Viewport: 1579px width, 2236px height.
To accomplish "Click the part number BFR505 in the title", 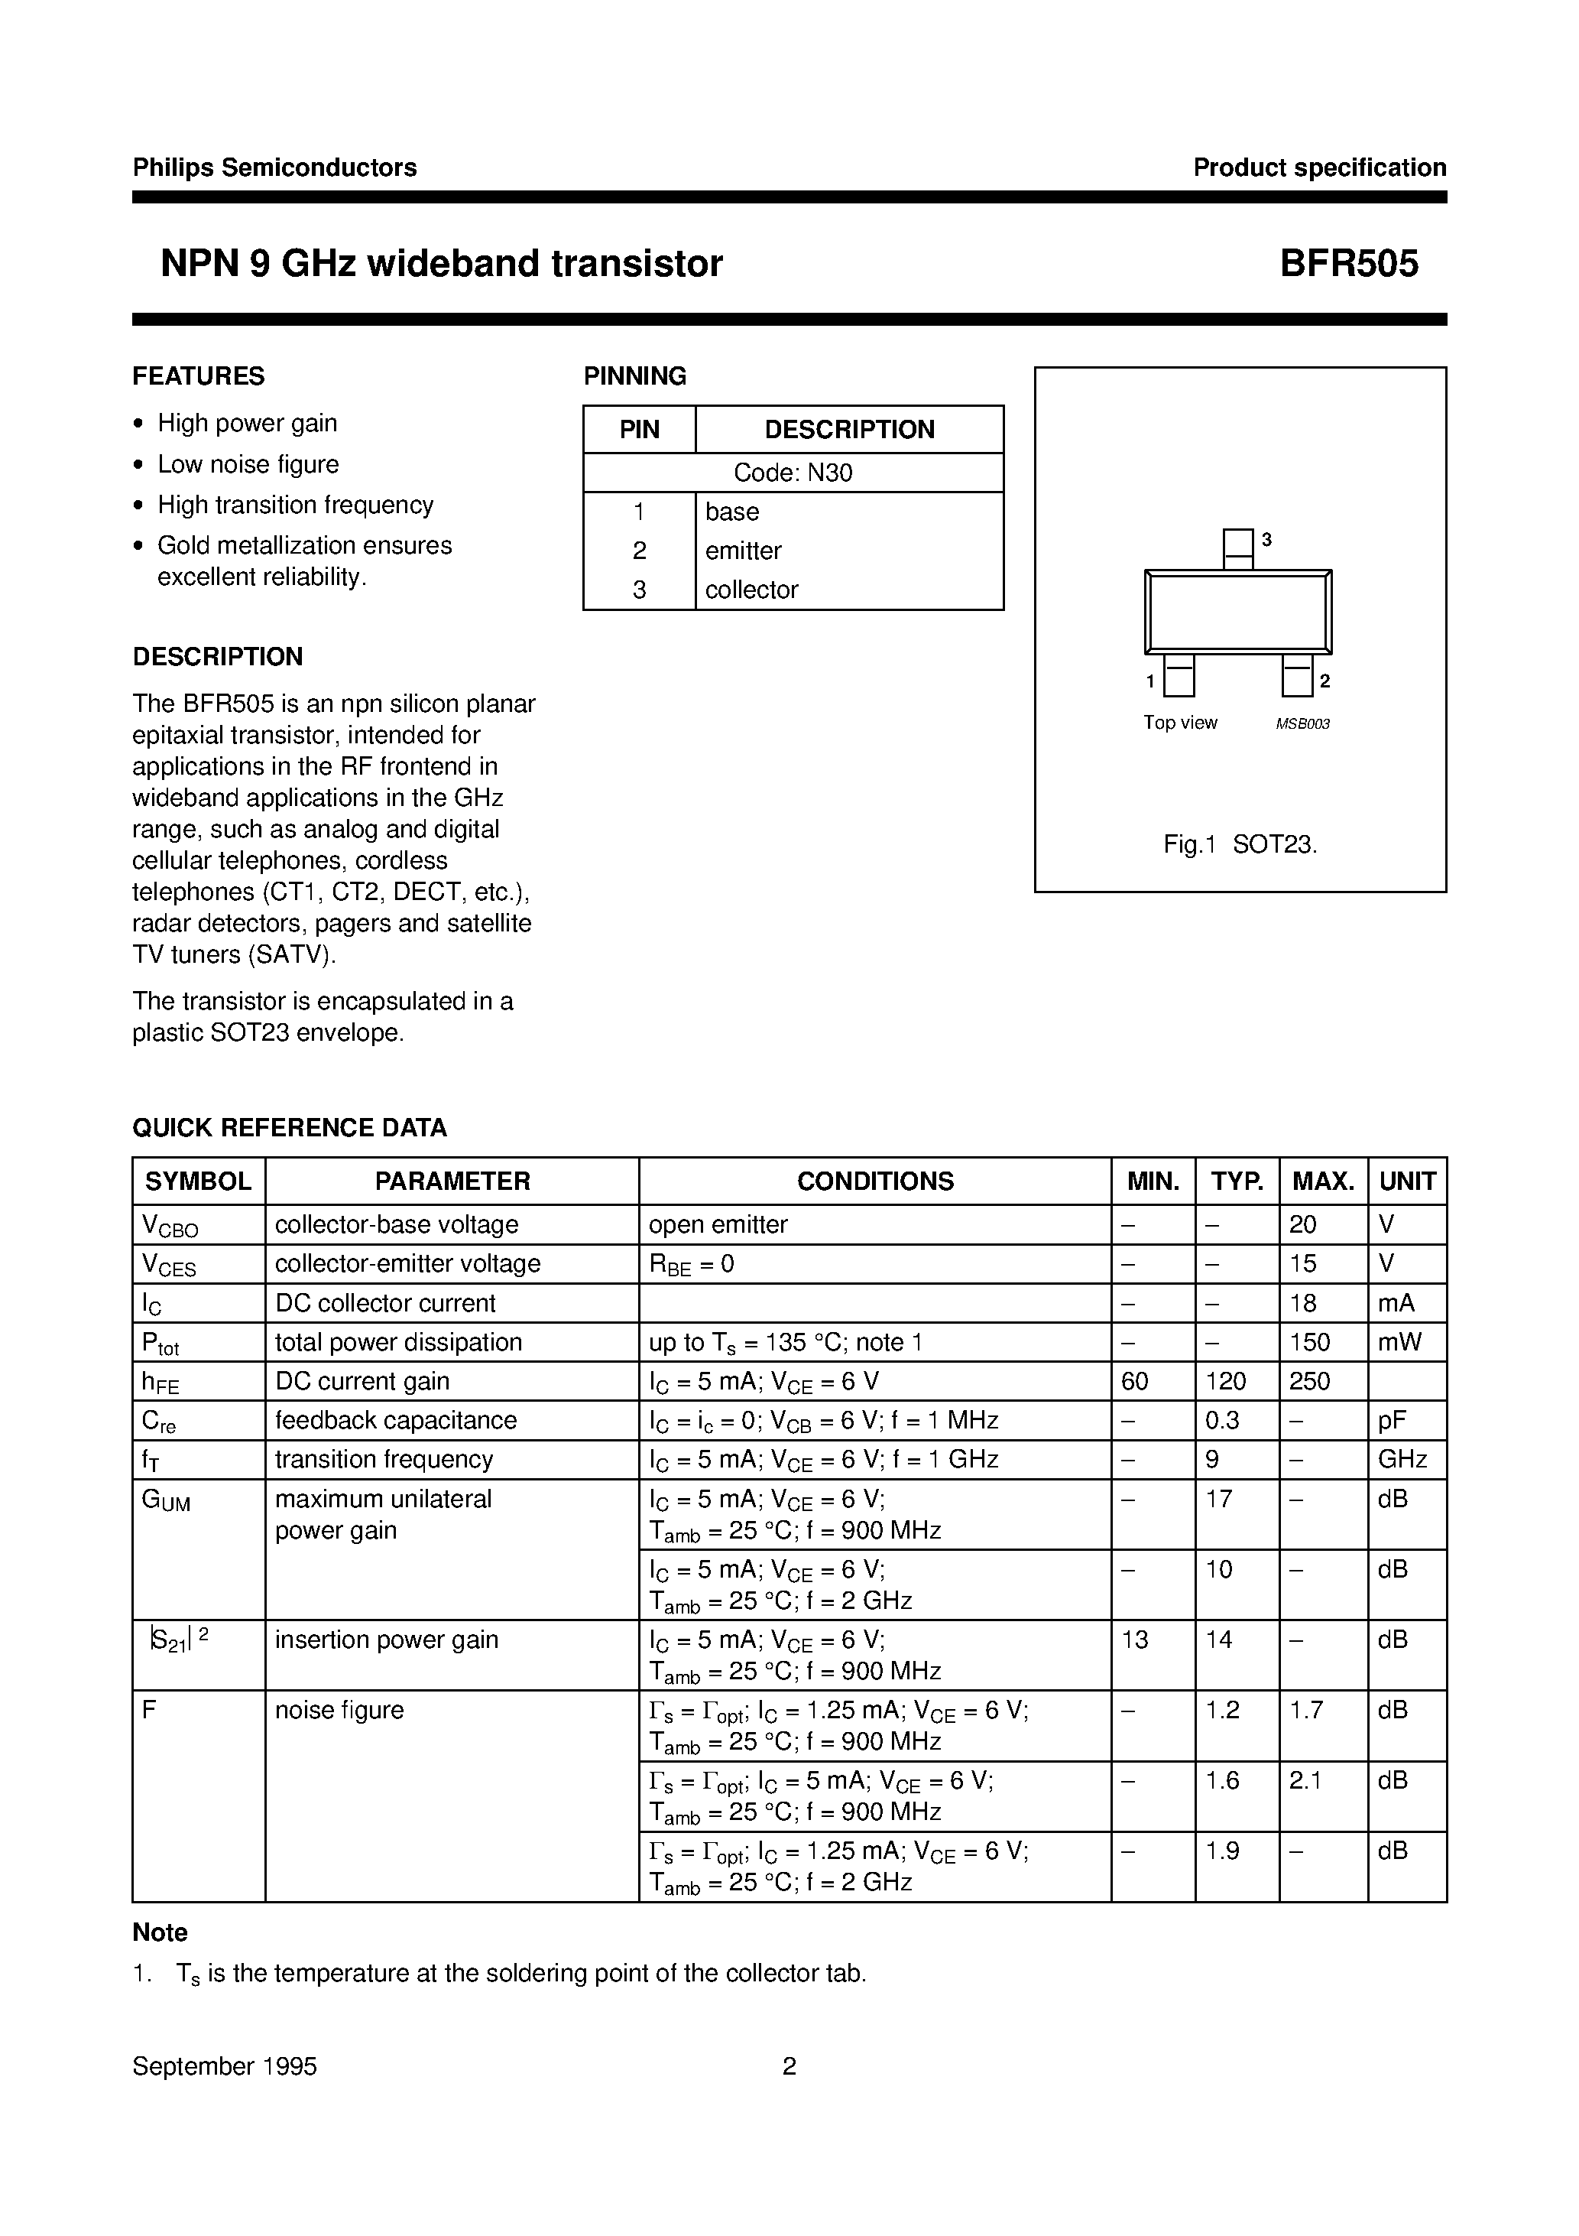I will tap(1348, 264).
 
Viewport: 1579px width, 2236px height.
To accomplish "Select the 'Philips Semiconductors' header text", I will tap(274, 167).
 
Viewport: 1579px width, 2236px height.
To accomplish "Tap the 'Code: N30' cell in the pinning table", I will tap(793, 473).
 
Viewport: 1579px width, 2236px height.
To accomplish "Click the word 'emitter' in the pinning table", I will tap(743, 551).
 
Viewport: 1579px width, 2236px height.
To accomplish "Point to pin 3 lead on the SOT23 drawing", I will tap(1237, 548).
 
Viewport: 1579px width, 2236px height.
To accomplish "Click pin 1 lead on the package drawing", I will tap(1179, 675).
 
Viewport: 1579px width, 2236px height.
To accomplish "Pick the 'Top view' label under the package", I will tap(1180, 722).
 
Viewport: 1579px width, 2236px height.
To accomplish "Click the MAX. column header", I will tap(1323, 1181).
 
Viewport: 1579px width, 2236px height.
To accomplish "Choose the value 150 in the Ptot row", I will tap(1309, 1342).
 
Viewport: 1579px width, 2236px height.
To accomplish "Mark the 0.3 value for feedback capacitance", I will tap(1222, 1420).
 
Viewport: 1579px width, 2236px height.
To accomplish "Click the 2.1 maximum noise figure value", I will tap(1305, 1780).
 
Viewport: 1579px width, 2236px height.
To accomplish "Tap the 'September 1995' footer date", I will tap(225, 2065).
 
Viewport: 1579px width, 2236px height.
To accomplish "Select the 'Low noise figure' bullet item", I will tap(248, 463).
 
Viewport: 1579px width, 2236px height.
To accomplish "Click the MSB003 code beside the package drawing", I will tap(1302, 723).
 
